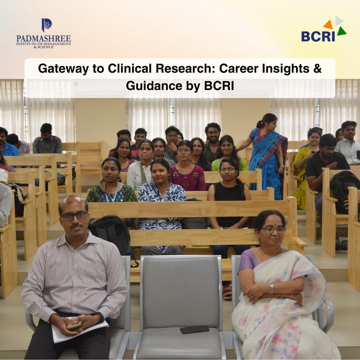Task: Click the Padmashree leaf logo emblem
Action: tap(47, 25)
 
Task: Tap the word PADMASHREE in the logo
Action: tap(44, 38)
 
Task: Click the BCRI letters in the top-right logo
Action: tap(318, 36)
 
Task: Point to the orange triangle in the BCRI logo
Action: tap(328, 25)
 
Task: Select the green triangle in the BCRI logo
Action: tap(342, 31)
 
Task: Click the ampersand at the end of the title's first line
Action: tap(318, 68)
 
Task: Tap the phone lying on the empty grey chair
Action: tap(194, 329)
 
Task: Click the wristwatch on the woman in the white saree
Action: tap(272, 288)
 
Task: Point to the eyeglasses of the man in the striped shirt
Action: tap(74, 216)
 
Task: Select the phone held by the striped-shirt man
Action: tap(75, 325)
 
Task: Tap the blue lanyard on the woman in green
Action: tap(111, 192)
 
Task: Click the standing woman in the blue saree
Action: tap(266, 156)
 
